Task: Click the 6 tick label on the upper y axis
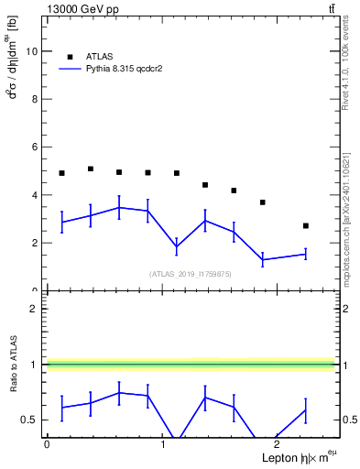point(34,147)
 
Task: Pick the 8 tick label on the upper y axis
point(34,99)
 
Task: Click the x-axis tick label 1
point(162,444)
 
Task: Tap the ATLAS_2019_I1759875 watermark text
point(191,273)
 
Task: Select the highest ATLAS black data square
point(91,169)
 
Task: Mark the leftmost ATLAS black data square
point(61,173)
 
